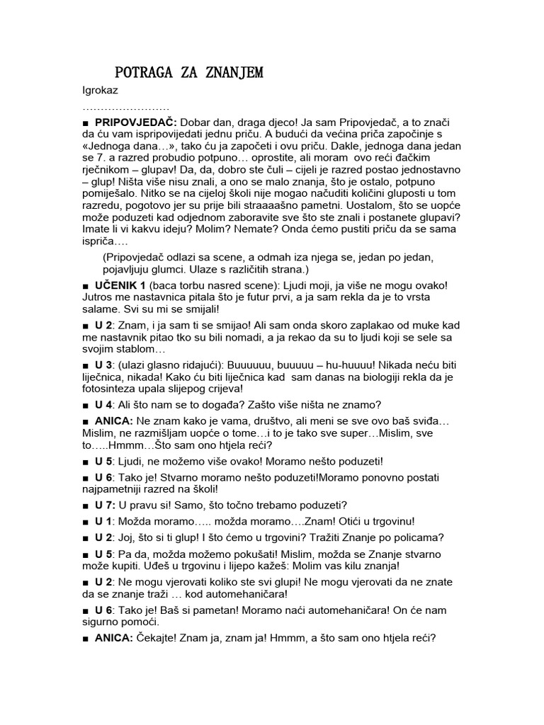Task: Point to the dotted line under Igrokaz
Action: [126, 108]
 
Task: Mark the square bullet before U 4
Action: [86, 406]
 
